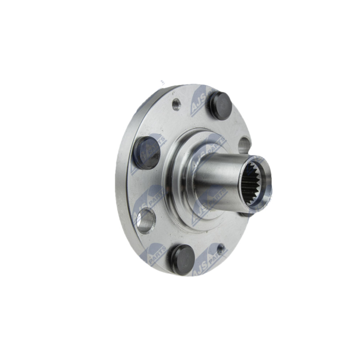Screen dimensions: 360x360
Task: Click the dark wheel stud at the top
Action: [x=220, y=106]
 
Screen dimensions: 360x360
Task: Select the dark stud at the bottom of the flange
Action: [x=182, y=259]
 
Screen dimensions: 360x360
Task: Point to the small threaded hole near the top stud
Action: [x=176, y=105]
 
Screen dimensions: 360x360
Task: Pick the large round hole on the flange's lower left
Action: [x=146, y=221]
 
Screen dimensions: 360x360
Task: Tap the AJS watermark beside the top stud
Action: [x=198, y=101]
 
